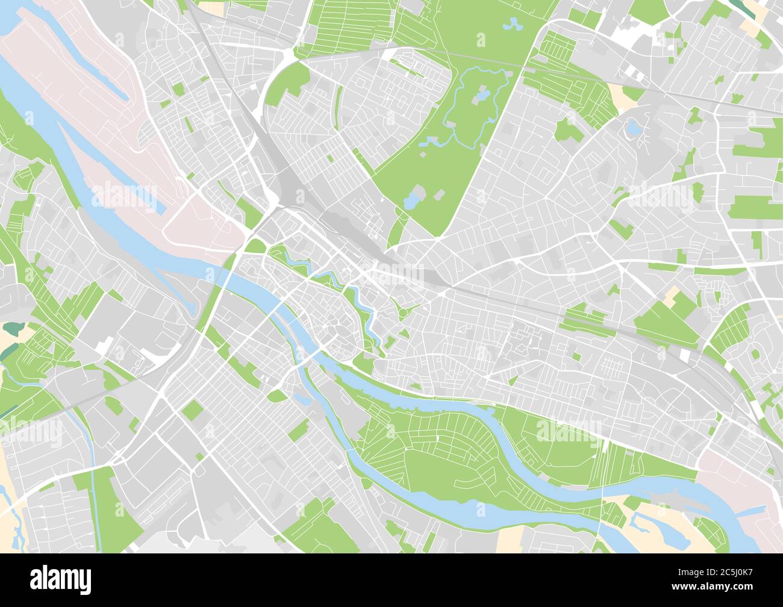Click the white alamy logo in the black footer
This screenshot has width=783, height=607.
point(60,579)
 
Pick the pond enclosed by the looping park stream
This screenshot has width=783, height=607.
point(482,95)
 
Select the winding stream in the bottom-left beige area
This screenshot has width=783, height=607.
point(12,512)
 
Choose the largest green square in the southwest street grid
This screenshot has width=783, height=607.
point(193,409)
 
